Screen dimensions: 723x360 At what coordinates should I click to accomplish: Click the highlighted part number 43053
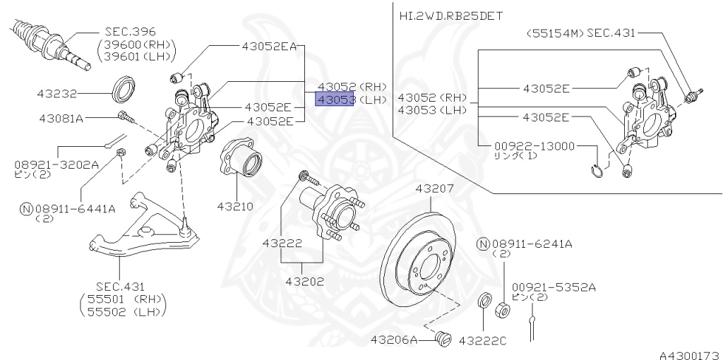tap(335, 100)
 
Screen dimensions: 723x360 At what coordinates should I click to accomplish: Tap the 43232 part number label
tap(57, 92)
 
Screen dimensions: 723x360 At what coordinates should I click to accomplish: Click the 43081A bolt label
tap(60, 118)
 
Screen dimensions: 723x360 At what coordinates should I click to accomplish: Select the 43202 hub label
tap(304, 282)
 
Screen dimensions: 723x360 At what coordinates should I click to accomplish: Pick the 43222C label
tap(483, 340)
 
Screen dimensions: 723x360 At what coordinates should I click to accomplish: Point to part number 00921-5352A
tap(554, 287)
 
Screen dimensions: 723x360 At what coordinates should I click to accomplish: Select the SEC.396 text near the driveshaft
tap(130, 32)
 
